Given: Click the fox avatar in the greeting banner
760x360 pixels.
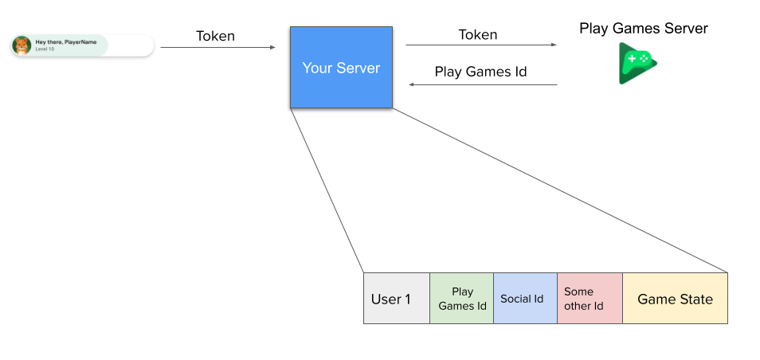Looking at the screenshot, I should tap(22, 45).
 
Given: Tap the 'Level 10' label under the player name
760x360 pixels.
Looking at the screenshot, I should tap(45, 49).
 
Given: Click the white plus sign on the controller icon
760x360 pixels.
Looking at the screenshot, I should tap(632, 59).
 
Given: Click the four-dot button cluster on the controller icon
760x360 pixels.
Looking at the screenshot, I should tap(644, 59).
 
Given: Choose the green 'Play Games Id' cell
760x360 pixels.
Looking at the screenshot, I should tap(461, 299).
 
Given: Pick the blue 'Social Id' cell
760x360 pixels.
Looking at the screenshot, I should tap(524, 299).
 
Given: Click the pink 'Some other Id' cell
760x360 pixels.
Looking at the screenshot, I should tap(589, 299).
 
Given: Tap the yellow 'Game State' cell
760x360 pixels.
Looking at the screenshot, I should tap(674, 299).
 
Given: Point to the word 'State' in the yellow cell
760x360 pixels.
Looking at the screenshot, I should tap(695, 299).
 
